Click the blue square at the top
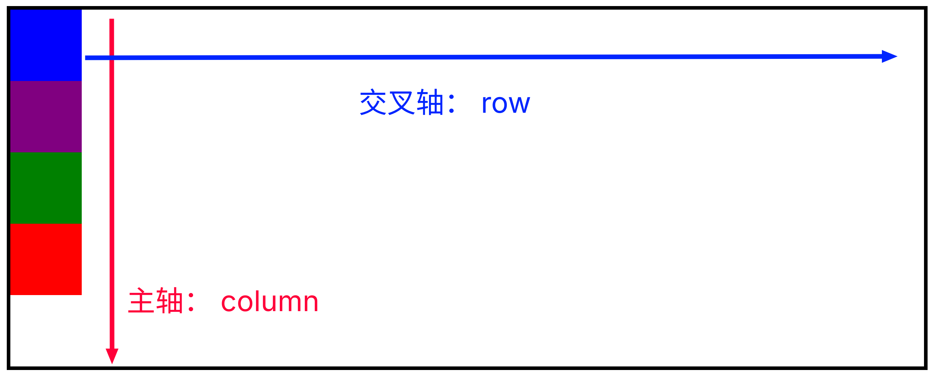point(46,45)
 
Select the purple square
point(46,117)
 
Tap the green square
point(46,188)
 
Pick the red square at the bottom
point(46,259)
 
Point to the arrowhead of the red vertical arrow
point(112,356)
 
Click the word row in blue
point(506,104)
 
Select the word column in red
point(269,301)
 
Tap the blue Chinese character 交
point(373,102)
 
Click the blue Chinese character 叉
point(402,102)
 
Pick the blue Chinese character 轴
point(430,102)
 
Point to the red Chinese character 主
point(141,300)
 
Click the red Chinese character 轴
point(169,300)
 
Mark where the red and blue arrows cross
point(112,57)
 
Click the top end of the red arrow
point(112,19)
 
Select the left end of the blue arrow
point(86,57)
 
